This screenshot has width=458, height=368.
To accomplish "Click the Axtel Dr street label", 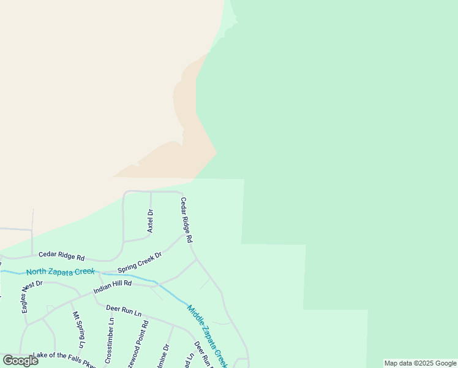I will click(x=150, y=221).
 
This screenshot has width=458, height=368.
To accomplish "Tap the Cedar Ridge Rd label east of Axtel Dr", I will click(x=186, y=219).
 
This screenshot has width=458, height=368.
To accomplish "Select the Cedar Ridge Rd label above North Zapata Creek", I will click(x=61, y=256).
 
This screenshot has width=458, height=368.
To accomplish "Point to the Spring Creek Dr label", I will click(x=140, y=263).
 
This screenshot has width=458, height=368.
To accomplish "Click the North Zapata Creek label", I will click(x=60, y=271).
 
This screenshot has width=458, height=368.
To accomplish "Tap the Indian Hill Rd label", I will click(x=112, y=287).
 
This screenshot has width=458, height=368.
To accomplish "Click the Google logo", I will click(x=20, y=361).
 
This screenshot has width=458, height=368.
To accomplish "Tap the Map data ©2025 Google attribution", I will click(x=420, y=363).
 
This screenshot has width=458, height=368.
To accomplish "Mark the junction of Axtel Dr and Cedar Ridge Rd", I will click(x=151, y=191).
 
